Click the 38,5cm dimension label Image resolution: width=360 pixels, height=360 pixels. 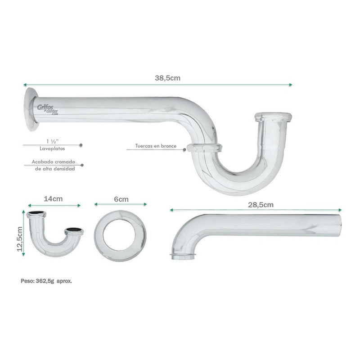[x=167, y=78]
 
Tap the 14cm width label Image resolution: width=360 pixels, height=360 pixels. [x=53, y=199]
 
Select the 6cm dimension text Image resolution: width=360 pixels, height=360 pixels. [x=121, y=199]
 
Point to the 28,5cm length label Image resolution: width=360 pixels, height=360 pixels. [x=261, y=205]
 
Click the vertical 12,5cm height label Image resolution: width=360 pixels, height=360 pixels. [x=20, y=239]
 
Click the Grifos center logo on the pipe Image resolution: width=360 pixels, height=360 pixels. [x=48, y=109]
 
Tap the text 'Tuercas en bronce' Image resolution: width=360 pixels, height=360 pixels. [x=156, y=146]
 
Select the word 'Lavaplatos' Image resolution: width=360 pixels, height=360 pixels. [x=52, y=148]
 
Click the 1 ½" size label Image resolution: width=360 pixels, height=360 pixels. [x=53, y=141]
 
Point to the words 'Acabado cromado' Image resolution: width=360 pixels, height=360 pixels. [x=54, y=162]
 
